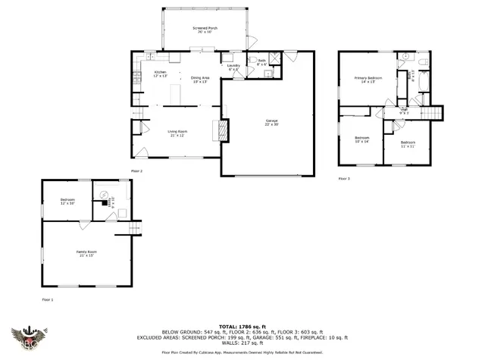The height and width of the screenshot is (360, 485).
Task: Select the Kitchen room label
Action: click(161, 74)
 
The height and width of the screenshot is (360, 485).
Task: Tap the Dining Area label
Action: click(200, 80)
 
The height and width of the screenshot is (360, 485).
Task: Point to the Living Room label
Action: click(177, 133)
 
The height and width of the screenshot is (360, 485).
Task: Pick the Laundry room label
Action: click(233, 67)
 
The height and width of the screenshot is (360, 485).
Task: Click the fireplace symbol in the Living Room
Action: click(222, 130)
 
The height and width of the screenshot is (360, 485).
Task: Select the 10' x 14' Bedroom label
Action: click(361, 139)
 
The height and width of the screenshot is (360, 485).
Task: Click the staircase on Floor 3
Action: click(430, 113)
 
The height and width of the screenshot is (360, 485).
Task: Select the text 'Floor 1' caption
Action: click(49, 300)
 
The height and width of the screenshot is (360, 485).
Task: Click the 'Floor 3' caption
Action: click(344, 178)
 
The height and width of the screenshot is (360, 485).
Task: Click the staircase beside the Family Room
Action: click(135, 227)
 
